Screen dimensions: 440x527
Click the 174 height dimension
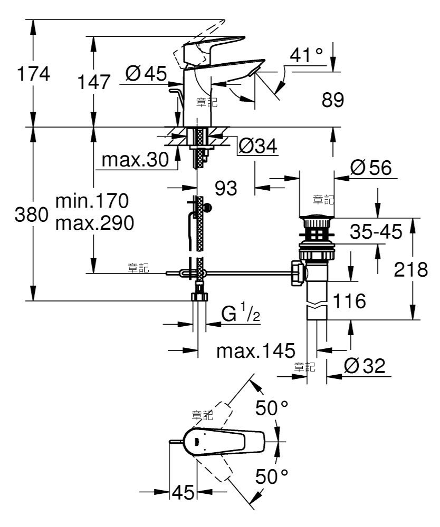[x=33, y=74]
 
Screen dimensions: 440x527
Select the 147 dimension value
[x=94, y=82]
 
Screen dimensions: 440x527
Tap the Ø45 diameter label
[x=146, y=73]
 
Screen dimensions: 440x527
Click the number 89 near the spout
[x=333, y=100]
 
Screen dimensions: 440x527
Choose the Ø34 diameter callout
[x=258, y=146]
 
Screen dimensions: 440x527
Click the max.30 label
[x=135, y=160]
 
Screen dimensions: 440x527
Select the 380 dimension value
[x=32, y=214]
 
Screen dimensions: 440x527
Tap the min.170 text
[x=92, y=201]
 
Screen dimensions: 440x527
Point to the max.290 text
[x=94, y=223]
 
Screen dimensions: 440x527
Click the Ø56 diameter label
[x=371, y=168]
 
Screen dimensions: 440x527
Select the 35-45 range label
[x=376, y=231]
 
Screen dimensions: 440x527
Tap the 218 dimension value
[x=411, y=269]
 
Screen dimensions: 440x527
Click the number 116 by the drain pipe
[x=349, y=301]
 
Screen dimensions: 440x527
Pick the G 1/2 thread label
[x=241, y=314]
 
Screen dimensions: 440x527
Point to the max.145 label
[x=256, y=351]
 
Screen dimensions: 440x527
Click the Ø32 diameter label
[x=365, y=366]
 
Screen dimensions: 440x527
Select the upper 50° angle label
[x=272, y=408]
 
